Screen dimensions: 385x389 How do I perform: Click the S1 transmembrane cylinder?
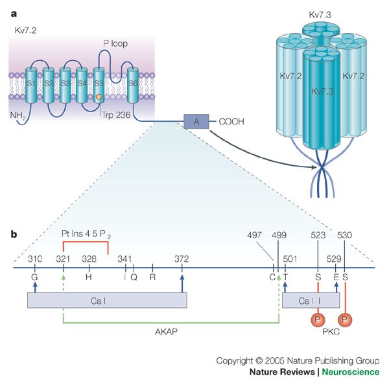30,84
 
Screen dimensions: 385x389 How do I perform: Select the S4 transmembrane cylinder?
82,84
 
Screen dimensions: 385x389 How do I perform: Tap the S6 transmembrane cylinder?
133,84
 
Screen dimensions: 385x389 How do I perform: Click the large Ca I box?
107,300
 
